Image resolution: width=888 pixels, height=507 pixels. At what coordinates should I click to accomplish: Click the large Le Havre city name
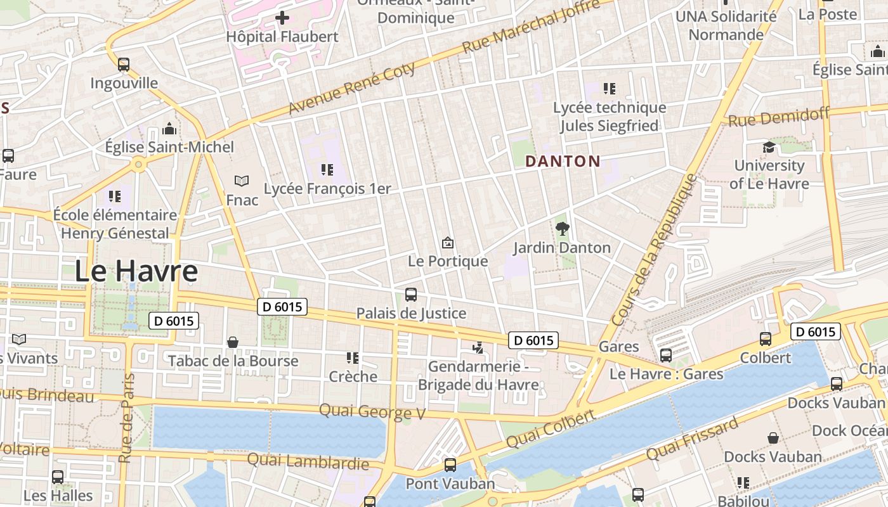136,271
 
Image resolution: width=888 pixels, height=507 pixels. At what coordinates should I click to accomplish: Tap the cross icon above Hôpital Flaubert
282,18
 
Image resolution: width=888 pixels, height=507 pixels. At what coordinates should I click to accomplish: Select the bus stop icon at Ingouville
124,64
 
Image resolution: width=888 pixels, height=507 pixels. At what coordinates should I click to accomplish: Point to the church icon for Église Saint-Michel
169,129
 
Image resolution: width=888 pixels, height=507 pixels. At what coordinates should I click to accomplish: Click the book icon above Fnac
242,181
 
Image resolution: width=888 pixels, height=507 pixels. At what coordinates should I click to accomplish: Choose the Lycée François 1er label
327,189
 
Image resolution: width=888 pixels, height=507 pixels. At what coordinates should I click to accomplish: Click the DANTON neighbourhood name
563,162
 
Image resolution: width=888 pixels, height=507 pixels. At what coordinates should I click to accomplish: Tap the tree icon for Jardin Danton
562,229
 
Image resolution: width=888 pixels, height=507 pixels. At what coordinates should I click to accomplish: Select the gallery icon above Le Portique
448,243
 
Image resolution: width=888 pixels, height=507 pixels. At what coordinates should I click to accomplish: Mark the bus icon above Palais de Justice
411,295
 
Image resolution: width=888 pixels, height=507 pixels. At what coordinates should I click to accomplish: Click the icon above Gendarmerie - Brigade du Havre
478,347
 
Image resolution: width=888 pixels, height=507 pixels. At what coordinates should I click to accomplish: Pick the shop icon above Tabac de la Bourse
233,342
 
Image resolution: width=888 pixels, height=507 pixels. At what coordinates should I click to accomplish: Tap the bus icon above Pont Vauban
450,465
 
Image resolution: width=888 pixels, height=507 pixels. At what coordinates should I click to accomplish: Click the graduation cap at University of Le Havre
769,147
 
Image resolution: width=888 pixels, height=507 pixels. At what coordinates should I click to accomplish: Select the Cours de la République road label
655,250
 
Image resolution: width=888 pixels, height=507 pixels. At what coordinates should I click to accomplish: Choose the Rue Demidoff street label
779,117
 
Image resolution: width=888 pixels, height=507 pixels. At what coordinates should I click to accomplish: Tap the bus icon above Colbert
766,339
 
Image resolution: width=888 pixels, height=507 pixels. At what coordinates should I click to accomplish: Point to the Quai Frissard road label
692,439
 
